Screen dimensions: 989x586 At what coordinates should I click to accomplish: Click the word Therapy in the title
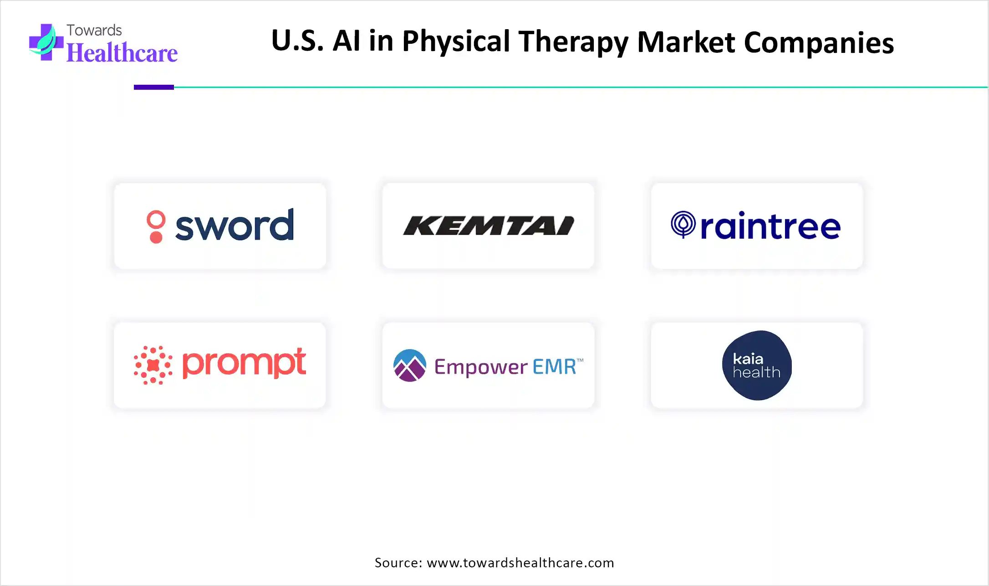573,42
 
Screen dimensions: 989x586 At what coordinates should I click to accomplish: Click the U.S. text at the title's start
297,41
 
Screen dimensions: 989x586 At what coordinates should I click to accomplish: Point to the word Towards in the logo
94,30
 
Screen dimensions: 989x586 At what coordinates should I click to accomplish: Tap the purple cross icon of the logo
46,42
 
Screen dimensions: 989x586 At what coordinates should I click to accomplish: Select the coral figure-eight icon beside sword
156,226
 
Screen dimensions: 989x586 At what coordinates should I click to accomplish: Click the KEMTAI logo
489,226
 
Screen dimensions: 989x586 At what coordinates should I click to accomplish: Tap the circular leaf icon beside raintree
683,224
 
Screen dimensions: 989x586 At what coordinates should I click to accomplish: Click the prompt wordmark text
244,363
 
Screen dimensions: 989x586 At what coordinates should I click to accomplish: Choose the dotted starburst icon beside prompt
153,365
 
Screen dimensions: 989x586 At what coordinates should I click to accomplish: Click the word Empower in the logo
481,367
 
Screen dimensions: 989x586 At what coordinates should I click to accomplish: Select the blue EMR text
555,366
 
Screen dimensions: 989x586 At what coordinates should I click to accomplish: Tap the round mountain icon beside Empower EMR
410,365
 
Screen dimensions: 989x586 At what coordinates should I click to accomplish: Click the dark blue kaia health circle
757,365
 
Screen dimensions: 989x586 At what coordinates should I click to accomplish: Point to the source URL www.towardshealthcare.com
520,563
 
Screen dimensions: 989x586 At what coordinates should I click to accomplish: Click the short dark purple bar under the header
154,87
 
